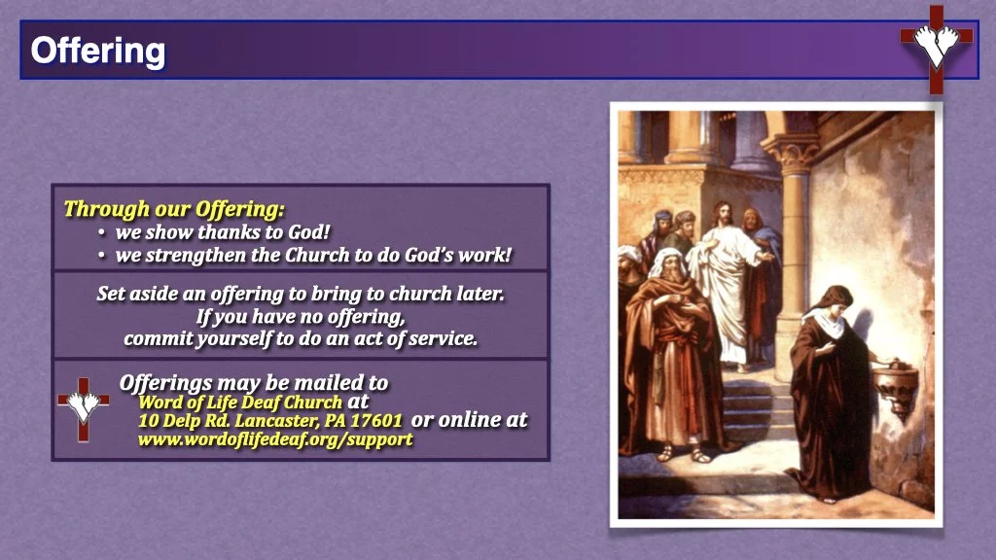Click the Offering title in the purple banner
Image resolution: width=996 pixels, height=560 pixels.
tap(97, 50)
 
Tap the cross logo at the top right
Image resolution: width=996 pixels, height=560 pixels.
tap(936, 48)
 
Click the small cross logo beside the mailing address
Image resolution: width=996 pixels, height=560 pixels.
tap(84, 406)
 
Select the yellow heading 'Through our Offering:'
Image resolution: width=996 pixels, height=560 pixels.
tap(174, 208)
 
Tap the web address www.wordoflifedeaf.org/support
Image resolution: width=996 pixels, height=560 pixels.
tap(275, 439)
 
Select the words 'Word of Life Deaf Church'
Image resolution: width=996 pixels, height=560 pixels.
tap(240, 401)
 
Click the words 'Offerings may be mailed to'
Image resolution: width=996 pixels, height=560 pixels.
tap(253, 382)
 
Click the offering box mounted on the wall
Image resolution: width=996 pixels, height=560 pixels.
tap(896, 381)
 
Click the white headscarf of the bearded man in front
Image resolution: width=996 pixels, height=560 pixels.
tap(666, 263)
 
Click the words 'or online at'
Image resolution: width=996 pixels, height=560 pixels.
tap(470, 419)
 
